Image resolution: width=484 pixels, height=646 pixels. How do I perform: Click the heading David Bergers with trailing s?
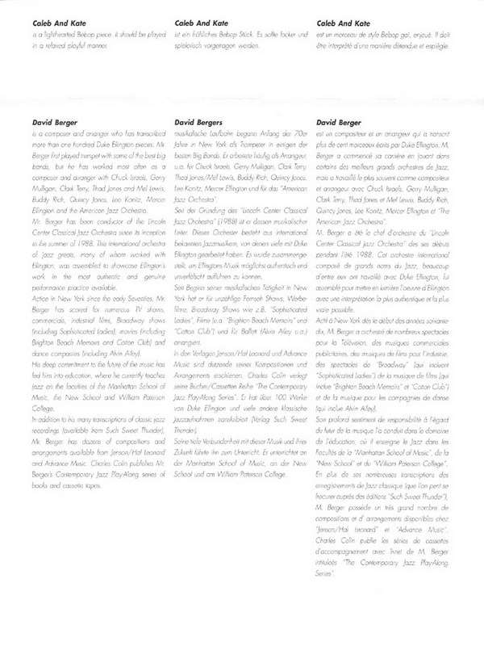[x=197, y=124]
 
